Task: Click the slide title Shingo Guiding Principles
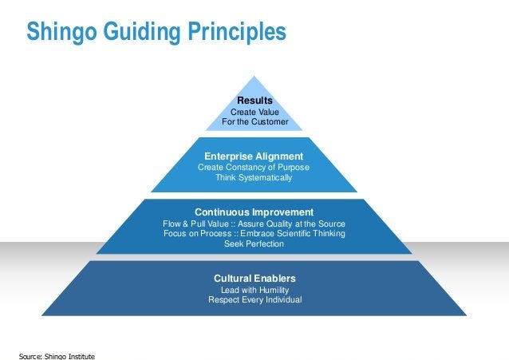coord(156,32)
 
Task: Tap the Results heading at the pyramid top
coord(254,101)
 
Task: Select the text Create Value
coord(254,113)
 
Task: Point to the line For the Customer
coord(254,123)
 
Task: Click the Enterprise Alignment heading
coord(254,156)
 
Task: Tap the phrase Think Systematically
coord(254,177)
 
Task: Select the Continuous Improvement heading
coord(254,212)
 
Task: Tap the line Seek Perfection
coord(254,244)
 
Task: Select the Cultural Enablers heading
coord(254,278)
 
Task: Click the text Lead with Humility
coord(254,290)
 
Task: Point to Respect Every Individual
coord(254,300)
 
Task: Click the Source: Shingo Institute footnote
coord(56,354)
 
